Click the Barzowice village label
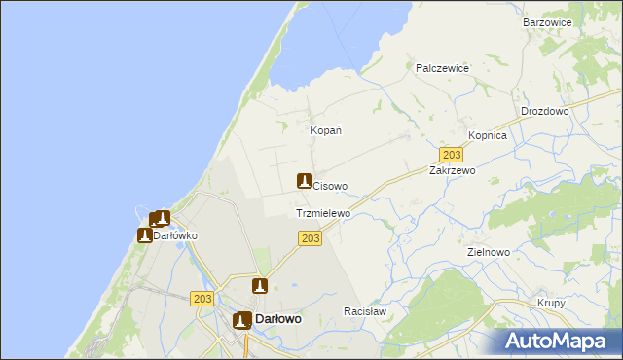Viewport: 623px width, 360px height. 547,21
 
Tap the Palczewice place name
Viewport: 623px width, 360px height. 443,68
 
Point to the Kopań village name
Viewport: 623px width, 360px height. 325,130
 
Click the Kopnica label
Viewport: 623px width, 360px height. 488,136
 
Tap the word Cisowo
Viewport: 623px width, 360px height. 330,186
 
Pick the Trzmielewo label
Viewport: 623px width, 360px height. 322,213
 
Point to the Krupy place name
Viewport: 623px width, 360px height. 552,304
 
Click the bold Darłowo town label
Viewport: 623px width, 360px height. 277,319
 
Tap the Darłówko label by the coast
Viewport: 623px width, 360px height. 176,235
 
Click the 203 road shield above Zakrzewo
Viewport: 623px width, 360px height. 451,155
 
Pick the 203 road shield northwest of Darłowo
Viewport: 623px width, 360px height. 202,300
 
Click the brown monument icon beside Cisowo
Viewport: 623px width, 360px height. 304,181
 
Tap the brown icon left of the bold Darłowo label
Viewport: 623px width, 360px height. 241,320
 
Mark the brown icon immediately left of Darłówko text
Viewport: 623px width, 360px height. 145,235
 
